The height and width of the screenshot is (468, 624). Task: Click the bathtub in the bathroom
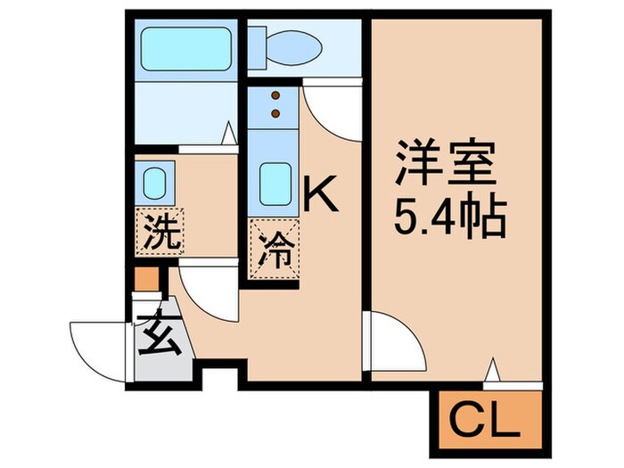[x=185, y=49]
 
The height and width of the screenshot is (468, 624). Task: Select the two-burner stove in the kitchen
[x=276, y=103]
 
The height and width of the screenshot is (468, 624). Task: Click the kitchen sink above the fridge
[x=275, y=182]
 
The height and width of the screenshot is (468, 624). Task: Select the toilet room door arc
[x=332, y=109]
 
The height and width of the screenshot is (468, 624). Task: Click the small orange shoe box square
[x=145, y=278]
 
